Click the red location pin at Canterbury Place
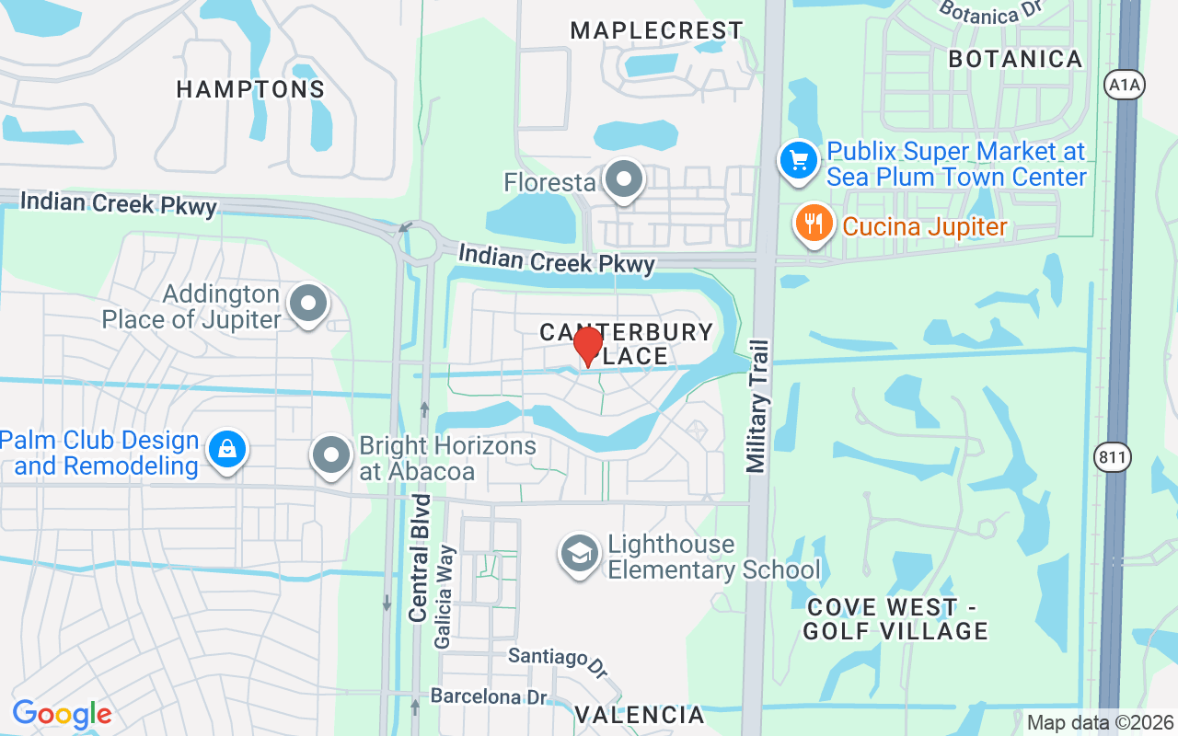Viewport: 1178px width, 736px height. pos(587,345)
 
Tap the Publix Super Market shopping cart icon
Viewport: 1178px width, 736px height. pos(798,161)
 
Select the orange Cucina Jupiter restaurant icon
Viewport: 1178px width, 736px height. pos(814,224)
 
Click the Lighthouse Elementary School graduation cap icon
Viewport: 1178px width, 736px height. pos(579,556)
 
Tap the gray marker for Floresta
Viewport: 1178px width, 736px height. pos(625,180)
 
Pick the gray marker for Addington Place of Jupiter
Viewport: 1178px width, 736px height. pos(308,304)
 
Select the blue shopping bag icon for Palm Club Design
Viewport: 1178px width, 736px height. pos(225,451)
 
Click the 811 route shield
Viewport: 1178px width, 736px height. pos(1113,457)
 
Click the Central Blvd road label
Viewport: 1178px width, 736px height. pos(420,558)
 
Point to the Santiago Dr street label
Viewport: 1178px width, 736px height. pos(559,660)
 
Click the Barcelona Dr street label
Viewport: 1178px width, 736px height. pos(489,696)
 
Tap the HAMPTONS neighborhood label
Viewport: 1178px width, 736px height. pos(250,89)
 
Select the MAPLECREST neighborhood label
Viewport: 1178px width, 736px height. pos(656,30)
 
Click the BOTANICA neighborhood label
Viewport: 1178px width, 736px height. pos(1015,59)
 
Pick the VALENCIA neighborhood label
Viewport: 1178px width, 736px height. pos(640,714)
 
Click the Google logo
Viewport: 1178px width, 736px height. pos(62,714)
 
